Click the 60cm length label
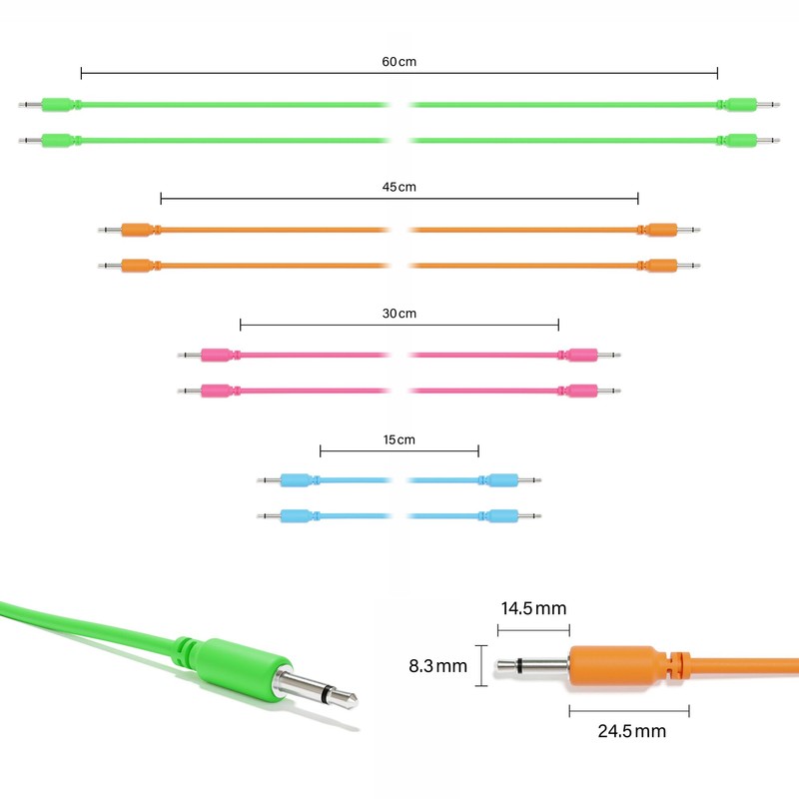399,62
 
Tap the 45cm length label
399,188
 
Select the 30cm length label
399,314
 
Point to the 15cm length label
399,439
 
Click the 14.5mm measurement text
533,609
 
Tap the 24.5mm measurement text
630,731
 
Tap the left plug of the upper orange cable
136,230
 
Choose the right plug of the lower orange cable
661,266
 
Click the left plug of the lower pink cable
216,391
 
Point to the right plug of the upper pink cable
582,355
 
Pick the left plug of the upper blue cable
296,480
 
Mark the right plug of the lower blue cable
502,516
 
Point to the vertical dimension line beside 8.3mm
483,665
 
